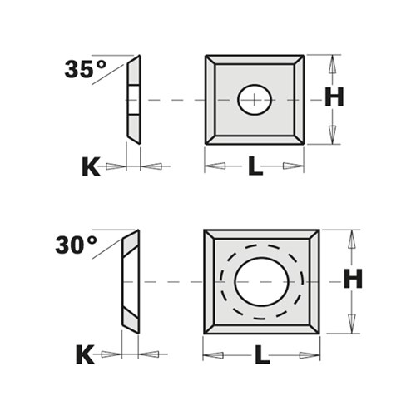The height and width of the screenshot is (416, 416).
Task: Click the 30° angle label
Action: (x=76, y=245)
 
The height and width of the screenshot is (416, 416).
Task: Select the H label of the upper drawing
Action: (x=334, y=98)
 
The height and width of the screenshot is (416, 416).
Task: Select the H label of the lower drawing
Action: (x=353, y=280)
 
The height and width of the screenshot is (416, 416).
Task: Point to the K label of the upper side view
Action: (x=90, y=167)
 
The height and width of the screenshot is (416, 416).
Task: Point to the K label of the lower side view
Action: (x=85, y=355)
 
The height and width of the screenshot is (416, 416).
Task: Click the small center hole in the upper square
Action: (x=254, y=100)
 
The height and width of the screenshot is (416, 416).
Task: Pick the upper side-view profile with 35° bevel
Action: (x=133, y=100)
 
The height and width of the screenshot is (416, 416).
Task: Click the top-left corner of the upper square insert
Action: (x=206, y=57)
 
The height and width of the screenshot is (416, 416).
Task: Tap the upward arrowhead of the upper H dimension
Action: (x=333, y=63)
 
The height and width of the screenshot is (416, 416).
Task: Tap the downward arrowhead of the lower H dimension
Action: (x=353, y=324)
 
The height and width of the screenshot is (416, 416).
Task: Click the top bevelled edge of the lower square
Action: (x=261, y=236)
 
